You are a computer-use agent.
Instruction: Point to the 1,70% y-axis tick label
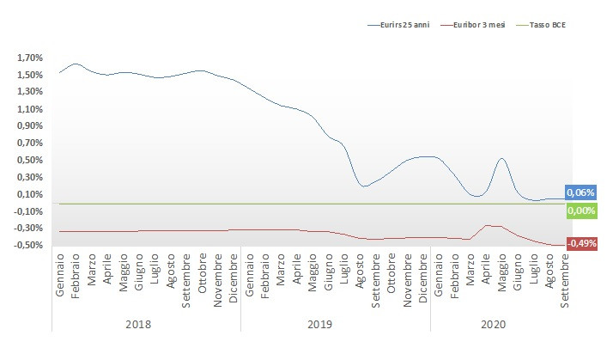[x=29, y=58]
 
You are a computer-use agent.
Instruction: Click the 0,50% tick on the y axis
[x=29, y=160]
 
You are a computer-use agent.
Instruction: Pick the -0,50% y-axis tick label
[x=27, y=245]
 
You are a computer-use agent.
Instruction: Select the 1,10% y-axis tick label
[x=29, y=109]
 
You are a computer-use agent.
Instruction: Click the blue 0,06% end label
[x=580, y=193]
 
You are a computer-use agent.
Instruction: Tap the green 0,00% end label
[x=580, y=211]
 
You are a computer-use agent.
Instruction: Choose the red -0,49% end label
[x=582, y=243]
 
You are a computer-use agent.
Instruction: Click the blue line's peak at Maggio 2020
[x=501, y=158]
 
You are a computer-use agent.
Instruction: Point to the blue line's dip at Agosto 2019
[x=364, y=186]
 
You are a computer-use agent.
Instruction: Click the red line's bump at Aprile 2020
[x=487, y=225]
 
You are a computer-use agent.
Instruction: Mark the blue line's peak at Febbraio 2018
[x=76, y=64]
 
